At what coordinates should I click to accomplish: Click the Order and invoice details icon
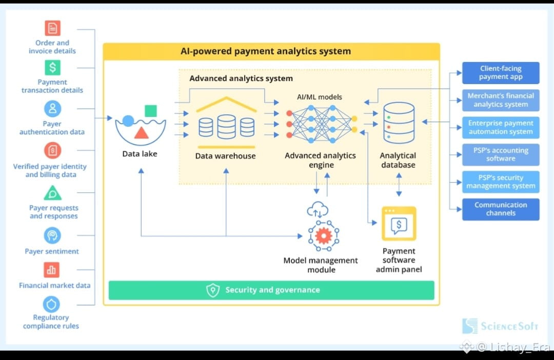[52, 28]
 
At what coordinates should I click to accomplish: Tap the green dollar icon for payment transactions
[52, 67]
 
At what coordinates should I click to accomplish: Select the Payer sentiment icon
[52, 235]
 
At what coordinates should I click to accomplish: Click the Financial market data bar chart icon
[52, 270]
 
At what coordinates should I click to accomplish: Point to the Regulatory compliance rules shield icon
[51, 305]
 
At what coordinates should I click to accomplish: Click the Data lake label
[140, 153]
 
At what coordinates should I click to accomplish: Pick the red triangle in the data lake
[142, 133]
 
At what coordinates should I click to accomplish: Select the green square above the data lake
[151, 111]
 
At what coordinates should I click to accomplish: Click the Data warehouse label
[225, 156]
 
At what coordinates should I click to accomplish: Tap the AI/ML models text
[319, 97]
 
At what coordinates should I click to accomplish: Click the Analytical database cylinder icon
[399, 123]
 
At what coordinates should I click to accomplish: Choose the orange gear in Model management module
[323, 235]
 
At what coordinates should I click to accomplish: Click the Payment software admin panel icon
[399, 224]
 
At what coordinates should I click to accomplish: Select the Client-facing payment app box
[501, 73]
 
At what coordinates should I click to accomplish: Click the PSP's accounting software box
[501, 154]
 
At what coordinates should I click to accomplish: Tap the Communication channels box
[501, 209]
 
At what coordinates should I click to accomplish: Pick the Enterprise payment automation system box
[501, 127]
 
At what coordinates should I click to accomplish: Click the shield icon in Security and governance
[213, 290]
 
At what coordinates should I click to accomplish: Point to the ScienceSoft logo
[500, 326]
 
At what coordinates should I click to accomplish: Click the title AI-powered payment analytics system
[266, 51]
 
